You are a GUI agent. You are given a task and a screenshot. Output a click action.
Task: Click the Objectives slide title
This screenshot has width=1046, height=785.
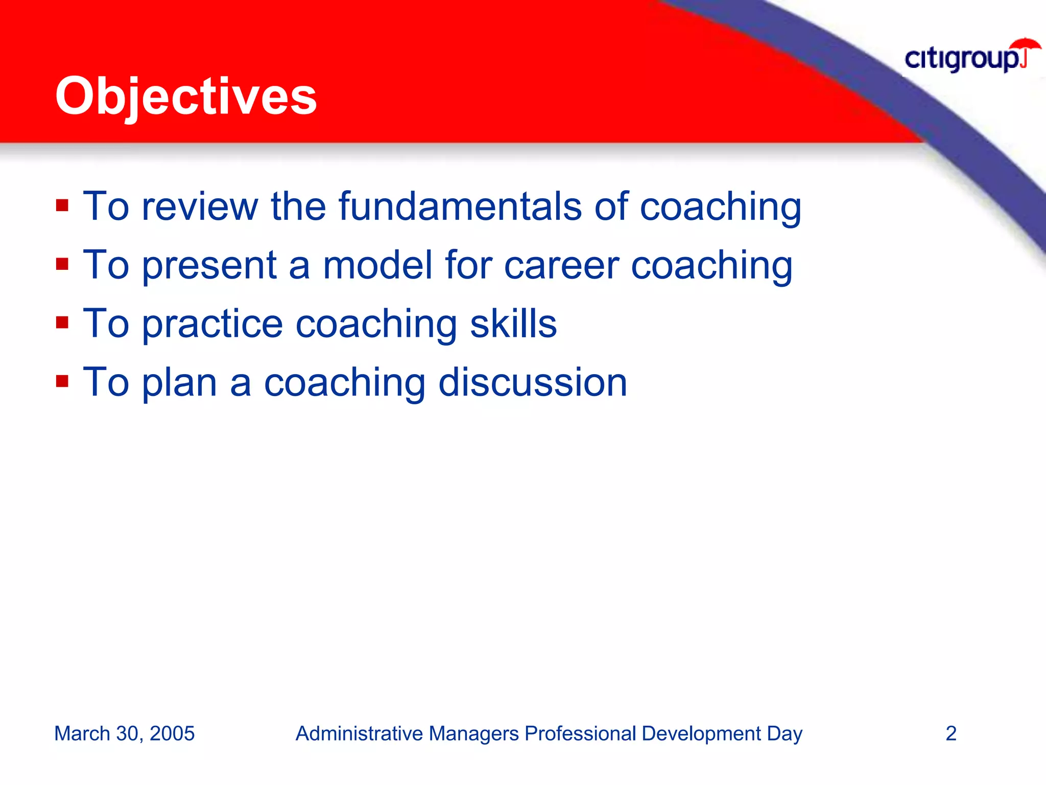[186, 96]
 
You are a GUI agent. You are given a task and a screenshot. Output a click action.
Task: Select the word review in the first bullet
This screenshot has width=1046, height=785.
[200, 207]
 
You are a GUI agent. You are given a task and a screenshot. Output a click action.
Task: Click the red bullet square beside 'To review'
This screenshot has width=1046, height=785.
[62, 206]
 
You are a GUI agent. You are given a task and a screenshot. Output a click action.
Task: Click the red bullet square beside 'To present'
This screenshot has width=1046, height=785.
[62, 265]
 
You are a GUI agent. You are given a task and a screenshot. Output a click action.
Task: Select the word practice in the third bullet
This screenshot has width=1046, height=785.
[212, 325]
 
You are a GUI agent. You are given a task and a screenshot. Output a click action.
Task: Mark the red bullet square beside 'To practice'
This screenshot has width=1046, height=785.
[62, 323]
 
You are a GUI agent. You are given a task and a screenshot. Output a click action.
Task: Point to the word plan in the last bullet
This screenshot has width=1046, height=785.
[179, 383]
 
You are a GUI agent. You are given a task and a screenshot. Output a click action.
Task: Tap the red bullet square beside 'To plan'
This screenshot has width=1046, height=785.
[62, 381]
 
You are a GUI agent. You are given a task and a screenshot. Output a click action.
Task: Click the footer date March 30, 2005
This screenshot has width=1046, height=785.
[124, 733]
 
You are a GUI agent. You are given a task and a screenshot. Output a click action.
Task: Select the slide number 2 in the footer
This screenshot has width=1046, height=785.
[950, 733]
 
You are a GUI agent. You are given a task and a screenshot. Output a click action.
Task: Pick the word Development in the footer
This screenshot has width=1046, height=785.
[701, 734]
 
